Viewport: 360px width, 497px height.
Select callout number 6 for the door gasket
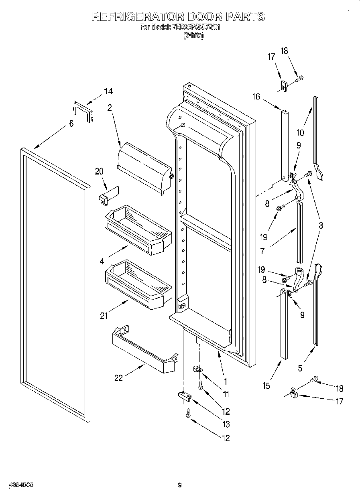tap(71, 124)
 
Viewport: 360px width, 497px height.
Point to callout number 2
tap(109, 108)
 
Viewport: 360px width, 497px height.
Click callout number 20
tap(99, 171)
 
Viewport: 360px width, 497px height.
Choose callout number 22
tap(118, 377)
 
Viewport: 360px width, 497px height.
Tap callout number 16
tap(256, 97)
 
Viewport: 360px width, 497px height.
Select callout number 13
tap(226, 424)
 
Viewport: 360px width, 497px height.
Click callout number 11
tap(226, 394)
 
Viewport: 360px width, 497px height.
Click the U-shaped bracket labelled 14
tap(83, 111)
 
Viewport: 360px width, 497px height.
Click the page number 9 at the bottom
tap(180, 485)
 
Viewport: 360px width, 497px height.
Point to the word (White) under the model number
tap(193, 36)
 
